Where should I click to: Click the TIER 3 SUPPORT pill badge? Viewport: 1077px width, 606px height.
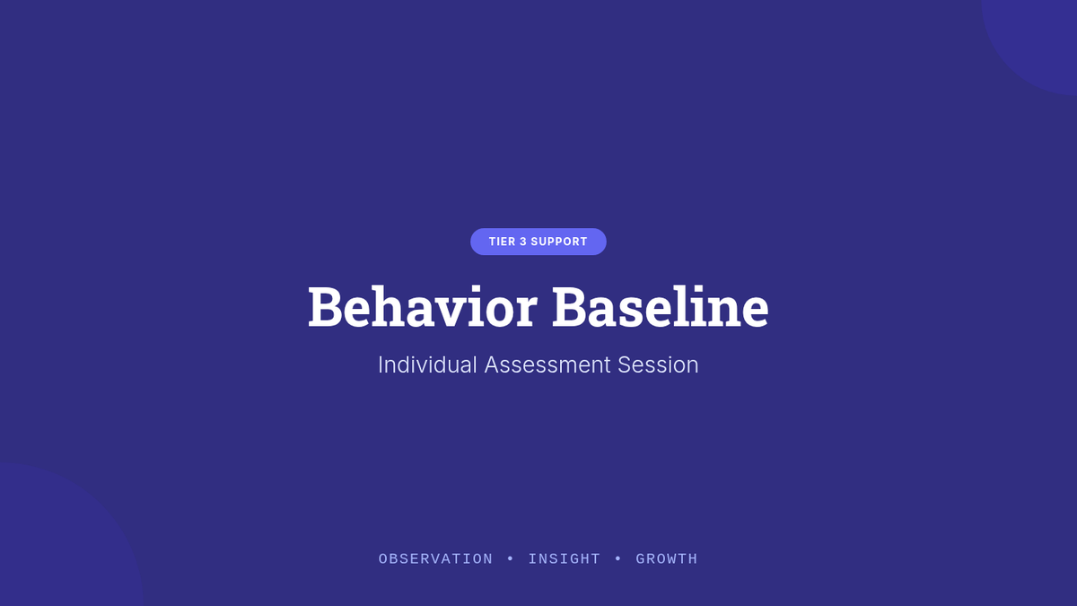click(538, 242)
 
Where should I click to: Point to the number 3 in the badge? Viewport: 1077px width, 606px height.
click(523, 242)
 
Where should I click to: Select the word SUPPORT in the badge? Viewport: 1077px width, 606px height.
click(559, 242)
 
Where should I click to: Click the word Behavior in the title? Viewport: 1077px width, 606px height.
click(422, 306)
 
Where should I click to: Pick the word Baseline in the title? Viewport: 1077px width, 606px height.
click(661, 306)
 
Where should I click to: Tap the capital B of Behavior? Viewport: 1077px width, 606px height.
click(325, 307)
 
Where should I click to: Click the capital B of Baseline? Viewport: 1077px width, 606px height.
click(569, 307)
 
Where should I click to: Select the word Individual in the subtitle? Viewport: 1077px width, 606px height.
click(427, 364)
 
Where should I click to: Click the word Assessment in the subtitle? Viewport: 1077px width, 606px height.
click(547, 364)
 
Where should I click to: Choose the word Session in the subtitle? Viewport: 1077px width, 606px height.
click(658, 364)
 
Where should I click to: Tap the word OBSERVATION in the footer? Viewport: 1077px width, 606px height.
click(435, 558)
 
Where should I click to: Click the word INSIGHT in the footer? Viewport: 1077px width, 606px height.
click(565, 558)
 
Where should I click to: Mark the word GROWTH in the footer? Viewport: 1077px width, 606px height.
click(666, 558)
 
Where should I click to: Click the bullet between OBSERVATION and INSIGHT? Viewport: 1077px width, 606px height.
click(511, 558)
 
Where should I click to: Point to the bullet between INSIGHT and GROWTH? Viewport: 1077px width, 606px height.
click(618, 558)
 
